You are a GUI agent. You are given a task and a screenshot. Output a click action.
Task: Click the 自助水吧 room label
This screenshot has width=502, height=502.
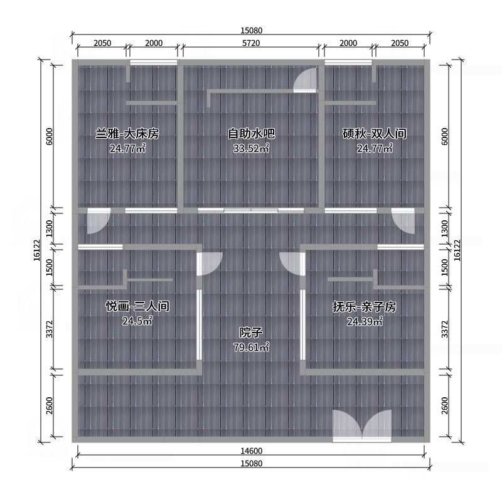coord(252,134)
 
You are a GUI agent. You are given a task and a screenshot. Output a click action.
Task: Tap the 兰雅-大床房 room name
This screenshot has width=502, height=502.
coord(127,134)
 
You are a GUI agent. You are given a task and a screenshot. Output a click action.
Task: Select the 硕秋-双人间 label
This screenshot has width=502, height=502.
coord(375,134)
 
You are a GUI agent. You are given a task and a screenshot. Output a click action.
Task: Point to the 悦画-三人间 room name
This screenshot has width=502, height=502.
coord(137,306)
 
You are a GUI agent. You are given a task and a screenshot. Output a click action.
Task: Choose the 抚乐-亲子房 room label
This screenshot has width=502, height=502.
coord(365,307)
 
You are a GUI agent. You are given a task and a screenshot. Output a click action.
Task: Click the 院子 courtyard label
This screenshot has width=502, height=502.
coord(251,333)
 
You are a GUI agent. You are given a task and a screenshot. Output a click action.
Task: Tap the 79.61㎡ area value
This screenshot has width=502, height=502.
coord(252,347)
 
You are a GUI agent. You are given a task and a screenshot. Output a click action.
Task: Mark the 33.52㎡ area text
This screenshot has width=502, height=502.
coord(252,149)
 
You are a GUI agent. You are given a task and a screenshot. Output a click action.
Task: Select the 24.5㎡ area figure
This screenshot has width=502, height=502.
coord(137,321)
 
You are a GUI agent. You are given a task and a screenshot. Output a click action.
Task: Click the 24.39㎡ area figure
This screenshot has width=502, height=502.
coord(365,321)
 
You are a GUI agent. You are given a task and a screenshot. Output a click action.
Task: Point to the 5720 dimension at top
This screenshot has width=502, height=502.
coord(251,43)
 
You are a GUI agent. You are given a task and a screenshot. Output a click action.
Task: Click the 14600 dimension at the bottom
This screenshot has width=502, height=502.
coord(252,451)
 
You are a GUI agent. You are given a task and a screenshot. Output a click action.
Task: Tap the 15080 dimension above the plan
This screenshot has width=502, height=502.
coord(252,30)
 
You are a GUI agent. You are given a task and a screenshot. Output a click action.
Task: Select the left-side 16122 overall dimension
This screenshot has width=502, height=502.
coord(37,250)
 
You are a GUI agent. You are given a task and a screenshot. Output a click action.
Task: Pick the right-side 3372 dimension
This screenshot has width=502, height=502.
coord(445,329)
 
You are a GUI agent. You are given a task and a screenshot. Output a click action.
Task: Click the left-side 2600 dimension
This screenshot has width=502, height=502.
coord(50,405)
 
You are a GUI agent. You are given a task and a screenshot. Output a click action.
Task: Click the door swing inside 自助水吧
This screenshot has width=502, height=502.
coord(306,80)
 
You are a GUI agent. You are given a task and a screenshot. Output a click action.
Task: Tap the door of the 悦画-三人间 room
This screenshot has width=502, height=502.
coord(210,264)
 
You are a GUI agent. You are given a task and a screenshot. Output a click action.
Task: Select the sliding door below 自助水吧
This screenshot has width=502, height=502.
coord(251,210)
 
